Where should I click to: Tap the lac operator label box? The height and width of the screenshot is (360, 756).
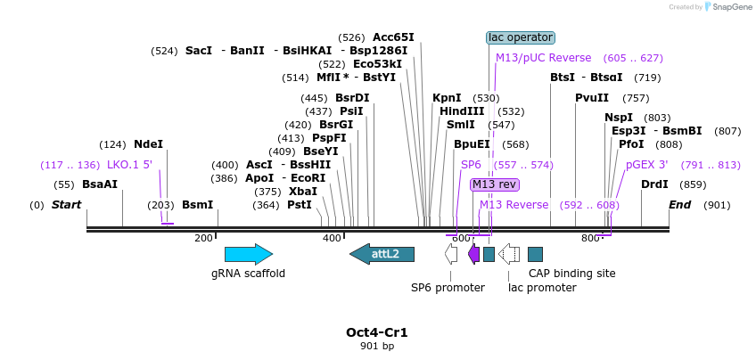point(521,37)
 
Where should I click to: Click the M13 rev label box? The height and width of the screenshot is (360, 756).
point(495,184)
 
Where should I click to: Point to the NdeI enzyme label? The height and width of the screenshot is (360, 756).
point(148,143)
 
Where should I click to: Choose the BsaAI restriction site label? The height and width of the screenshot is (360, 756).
point(100,184)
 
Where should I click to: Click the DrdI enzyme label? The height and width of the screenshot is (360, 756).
point(655,184)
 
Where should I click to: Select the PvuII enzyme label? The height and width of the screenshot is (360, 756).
point(592,98)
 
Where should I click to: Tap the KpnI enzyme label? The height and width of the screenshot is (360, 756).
point(447,98)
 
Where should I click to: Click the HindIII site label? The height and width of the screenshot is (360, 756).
point(462,111)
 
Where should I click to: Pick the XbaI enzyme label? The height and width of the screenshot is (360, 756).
point(303,191)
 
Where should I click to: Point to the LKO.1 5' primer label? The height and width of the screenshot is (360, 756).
point(130,165)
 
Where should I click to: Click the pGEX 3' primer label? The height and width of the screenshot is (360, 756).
point(647,165)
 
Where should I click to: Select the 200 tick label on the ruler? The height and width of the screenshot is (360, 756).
point(203,238)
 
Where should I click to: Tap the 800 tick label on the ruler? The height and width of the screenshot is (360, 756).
point(590,238)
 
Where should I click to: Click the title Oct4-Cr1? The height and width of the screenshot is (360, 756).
point(377,332)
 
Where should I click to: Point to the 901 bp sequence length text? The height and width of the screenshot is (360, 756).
point(377,346)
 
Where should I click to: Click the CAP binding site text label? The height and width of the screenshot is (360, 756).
point(571,274)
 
